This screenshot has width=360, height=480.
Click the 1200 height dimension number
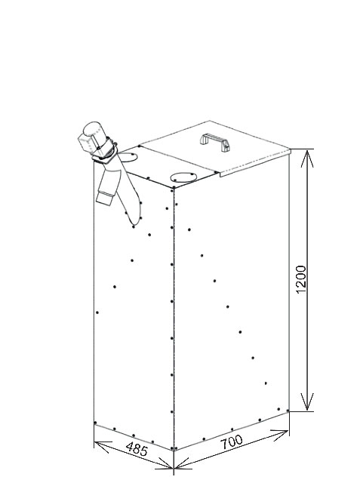click(301, 279)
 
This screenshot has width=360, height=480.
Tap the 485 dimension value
click(137, 448)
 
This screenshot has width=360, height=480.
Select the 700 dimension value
click(232, 442)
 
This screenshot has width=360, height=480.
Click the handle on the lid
click(215, 142)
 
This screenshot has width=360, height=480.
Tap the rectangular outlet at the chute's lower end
click(105, 198)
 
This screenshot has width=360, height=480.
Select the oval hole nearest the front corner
click(183, 177)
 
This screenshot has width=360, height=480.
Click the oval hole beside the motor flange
click(128, 158)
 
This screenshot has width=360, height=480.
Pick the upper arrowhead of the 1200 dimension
click(307, 158)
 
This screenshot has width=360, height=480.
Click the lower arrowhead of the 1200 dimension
click(307, 402)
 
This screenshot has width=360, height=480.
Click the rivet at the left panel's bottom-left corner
click(96, 423)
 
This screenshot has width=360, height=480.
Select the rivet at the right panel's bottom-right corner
click(288, 411)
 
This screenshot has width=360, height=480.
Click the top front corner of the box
click(174, 188)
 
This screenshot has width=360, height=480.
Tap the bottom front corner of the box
click(174, 451)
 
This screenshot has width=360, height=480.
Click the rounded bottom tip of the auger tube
click(134, 226)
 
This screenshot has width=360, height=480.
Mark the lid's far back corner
click(210, 121)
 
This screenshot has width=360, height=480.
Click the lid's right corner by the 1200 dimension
click(290, 149)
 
